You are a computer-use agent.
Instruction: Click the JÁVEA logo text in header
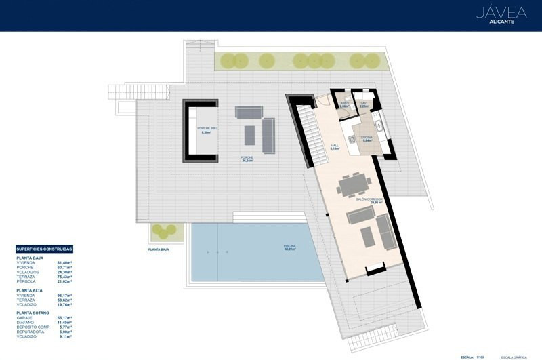click(501, 12)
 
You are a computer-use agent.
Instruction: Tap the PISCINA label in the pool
click(290, 247)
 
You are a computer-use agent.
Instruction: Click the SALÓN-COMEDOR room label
click(369, 200)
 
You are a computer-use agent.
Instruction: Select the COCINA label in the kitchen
click(366, 138)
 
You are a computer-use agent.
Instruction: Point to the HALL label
click(334, 146)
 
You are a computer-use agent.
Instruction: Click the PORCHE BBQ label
click(207, 129)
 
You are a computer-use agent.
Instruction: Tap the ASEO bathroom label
click(345, 104)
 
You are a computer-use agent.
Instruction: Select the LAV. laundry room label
click(364, 104)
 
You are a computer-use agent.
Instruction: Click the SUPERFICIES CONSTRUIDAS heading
click(43, 249)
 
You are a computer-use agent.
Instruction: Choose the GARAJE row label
click(25, 317)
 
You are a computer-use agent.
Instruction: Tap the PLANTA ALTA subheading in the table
click(29, 289)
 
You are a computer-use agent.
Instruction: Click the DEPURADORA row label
click(30, 332)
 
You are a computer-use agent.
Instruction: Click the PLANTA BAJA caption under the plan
click(158, 249)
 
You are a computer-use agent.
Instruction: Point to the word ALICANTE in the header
click(502, 22)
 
